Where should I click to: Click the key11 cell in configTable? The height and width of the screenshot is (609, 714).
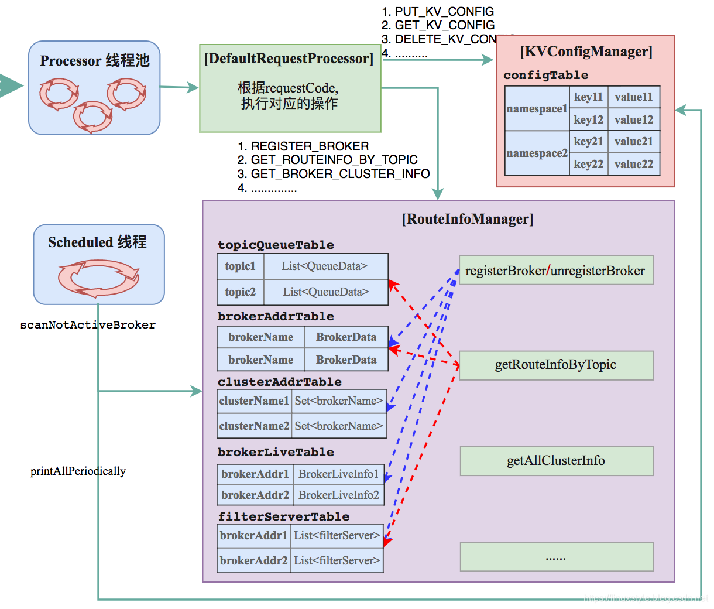(x=588, y=97)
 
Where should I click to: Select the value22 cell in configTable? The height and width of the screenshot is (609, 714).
(x=634, y=165)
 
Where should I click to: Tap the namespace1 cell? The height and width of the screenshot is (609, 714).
(x=537, y=109)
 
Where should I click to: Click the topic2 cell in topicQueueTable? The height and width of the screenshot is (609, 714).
(x=240, y=292)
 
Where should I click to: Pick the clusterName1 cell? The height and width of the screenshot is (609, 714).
(x=254, y=401)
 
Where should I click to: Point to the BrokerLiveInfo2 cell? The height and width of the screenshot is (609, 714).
(x=338, y=495)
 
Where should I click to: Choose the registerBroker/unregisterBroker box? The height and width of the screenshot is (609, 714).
(x=555, y=271)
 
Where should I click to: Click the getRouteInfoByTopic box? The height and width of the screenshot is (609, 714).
(x=555, y=365)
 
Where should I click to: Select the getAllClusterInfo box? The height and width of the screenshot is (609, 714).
(x=556, y=461)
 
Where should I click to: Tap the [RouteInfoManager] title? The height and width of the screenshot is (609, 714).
(x=467, y=219)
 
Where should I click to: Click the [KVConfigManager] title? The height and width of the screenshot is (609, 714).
(x=586, y=52)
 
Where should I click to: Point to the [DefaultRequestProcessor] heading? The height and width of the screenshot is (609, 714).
(x=289, y=59)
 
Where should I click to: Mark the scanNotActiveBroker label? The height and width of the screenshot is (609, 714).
(x=88, y=325)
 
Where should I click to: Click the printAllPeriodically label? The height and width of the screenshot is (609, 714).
(x=78, y=471)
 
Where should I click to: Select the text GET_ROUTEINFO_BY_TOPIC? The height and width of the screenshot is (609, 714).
(x=334, y=160)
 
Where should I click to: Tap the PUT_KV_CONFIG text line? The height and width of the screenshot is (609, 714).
(x=444, y=12)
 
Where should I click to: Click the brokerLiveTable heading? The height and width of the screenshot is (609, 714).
(x=276, y=452)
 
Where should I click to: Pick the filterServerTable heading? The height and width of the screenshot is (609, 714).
(x=284, y=516)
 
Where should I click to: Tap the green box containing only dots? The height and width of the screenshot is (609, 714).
(x=556, y=557)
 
